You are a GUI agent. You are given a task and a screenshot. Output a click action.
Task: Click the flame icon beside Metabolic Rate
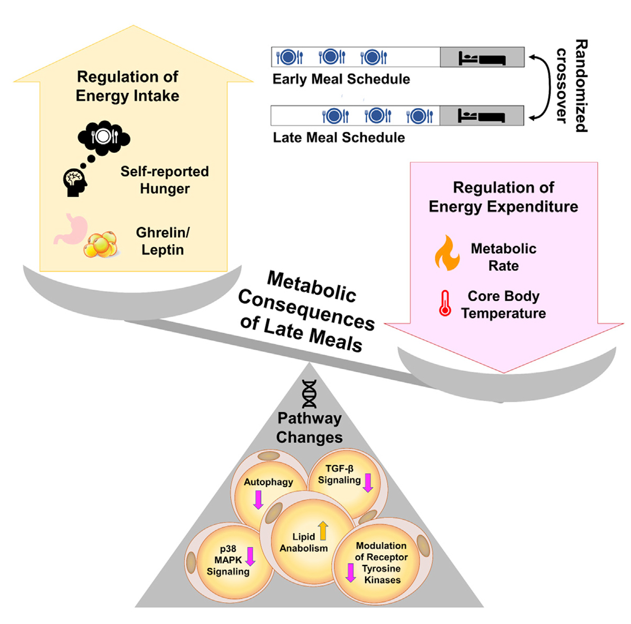point(447,253)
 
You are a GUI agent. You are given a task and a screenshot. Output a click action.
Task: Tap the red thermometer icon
point(445,303)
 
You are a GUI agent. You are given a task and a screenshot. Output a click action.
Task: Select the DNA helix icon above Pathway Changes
point(310,394)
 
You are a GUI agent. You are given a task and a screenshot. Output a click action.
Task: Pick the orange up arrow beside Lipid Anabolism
point(322,531)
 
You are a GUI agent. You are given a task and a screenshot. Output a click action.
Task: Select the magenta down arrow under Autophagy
point(258,500)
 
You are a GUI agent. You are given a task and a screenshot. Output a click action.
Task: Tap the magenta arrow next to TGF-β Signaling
point(368,483)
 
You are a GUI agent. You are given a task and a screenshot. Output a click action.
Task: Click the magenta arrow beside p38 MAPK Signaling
point(251,557)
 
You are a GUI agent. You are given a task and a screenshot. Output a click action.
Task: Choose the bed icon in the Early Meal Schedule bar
point(482,57)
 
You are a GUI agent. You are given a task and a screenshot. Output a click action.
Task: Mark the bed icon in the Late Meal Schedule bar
point(481,116)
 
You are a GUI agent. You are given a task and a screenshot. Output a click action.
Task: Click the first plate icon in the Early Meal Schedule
point(290,57)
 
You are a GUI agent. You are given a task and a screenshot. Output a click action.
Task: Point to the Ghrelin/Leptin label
point(162,241)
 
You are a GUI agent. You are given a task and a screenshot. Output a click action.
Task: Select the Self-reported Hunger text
point(165,180)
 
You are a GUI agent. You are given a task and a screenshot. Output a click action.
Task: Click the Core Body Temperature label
point(503,304)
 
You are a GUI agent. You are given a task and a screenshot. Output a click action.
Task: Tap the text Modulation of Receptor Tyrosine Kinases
point(381,563)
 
